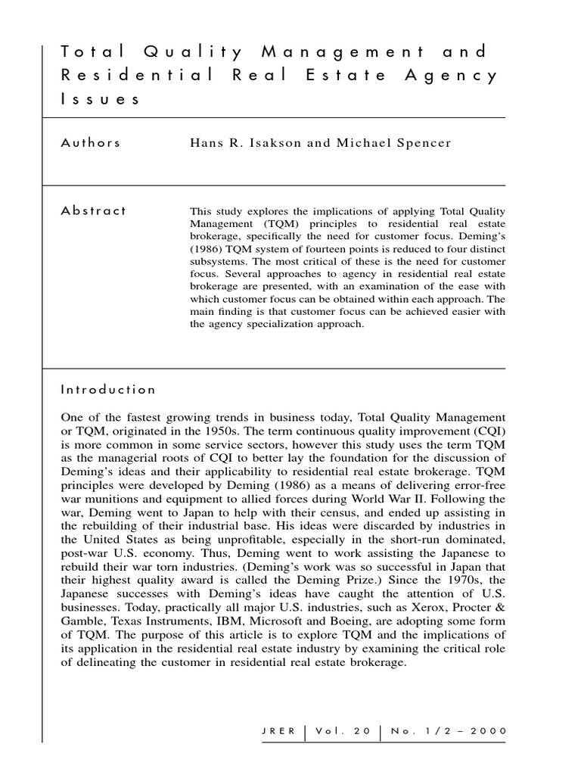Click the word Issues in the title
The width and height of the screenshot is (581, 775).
coord(100,100)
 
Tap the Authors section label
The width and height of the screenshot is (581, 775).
coord(90,143)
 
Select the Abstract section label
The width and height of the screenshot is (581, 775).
coord(93,211)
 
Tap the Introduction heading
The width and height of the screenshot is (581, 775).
coord(108,390)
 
